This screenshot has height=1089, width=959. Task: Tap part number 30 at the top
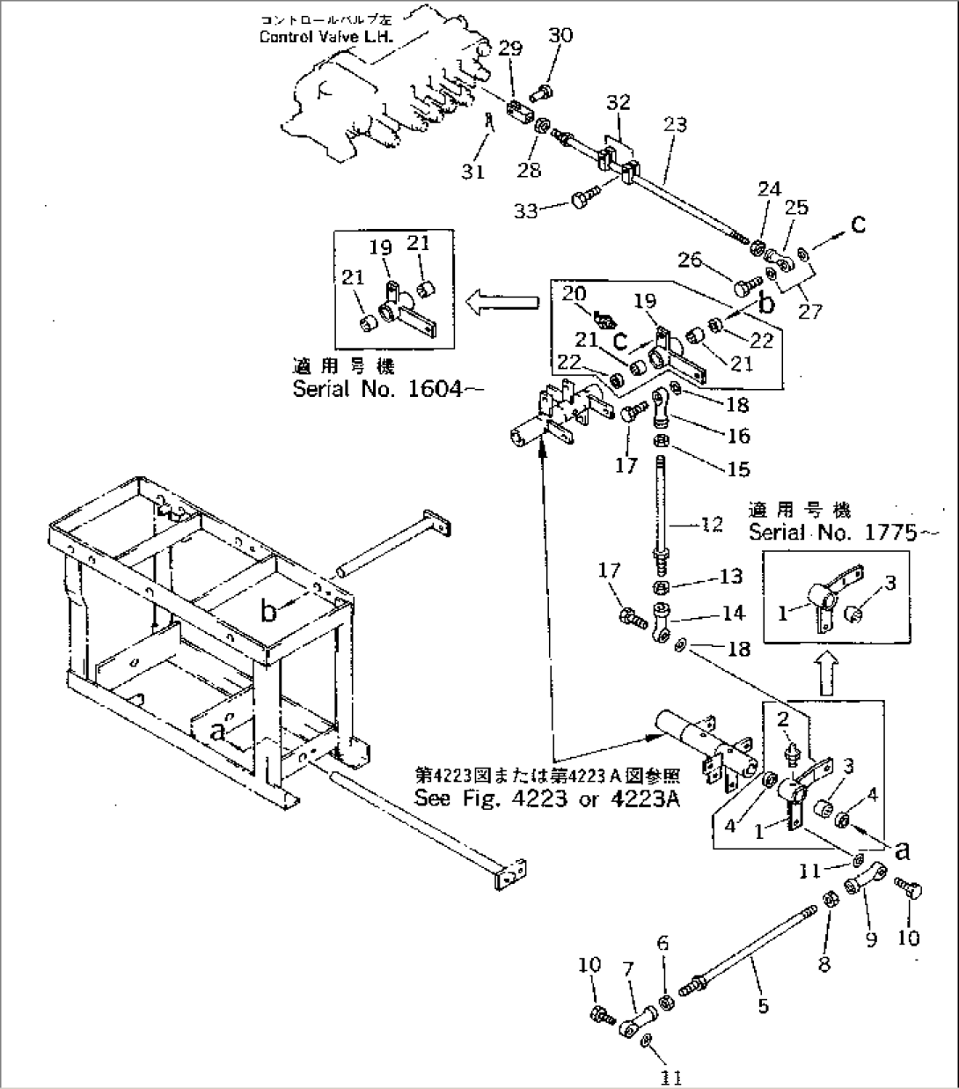560,35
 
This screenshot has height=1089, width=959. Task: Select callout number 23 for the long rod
675,125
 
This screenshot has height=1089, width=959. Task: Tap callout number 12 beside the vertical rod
711,525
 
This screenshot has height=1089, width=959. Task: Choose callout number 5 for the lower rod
763,1004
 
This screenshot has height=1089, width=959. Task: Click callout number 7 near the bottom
628,969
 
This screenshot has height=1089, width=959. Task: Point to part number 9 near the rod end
870,939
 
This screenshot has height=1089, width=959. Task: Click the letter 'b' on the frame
267,611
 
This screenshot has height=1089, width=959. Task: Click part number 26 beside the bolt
690,260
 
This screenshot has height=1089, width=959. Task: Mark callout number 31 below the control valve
473,171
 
